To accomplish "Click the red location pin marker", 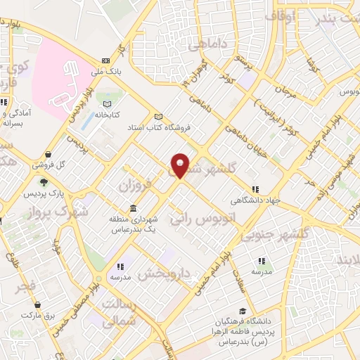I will pos(180,165).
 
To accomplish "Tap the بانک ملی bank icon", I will pos(105,60).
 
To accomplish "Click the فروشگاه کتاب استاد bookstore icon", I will pos(158,117).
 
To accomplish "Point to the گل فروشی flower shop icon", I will pos(46,155).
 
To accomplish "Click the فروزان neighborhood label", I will pos(134,188).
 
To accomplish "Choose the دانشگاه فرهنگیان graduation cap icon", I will pos(243,310).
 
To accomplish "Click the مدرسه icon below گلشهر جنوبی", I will pos(261,261).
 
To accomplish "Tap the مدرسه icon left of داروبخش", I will pos(121,266).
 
